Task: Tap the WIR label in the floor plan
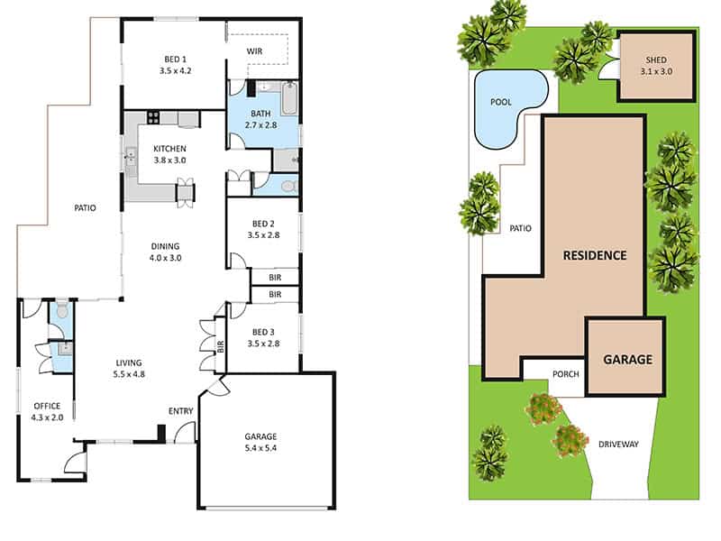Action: point(255,50)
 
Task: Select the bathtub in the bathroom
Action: point(288,98)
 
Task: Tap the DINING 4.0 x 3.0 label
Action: point(165,252)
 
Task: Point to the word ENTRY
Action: point(180,412)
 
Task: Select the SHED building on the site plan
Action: point(656,65)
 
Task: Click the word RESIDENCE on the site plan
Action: point(594,255)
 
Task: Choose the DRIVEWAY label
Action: point(617,445)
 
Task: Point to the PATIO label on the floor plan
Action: point(85,208)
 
